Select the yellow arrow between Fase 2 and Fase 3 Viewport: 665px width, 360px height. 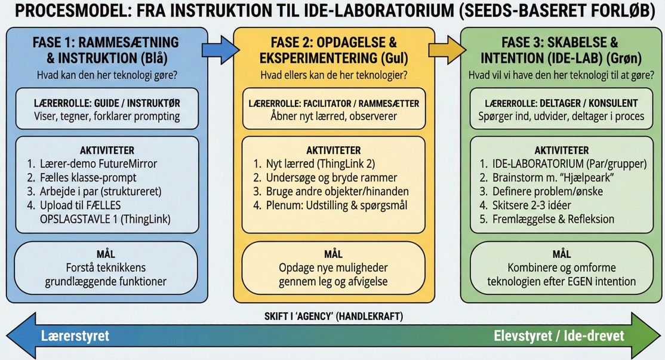click(447, 49)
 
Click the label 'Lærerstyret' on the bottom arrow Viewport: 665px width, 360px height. click(75, 336)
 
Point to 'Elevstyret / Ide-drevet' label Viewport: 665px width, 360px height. click(559, 336)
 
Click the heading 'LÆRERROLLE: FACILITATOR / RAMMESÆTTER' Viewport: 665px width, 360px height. click(334, 103)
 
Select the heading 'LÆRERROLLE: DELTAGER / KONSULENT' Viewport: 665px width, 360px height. click(561, 103)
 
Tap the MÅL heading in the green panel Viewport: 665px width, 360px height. click(561, 254)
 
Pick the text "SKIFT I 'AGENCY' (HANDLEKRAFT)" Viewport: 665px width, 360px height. click(333, 316)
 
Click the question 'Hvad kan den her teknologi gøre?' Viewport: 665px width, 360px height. click(107, 75)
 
